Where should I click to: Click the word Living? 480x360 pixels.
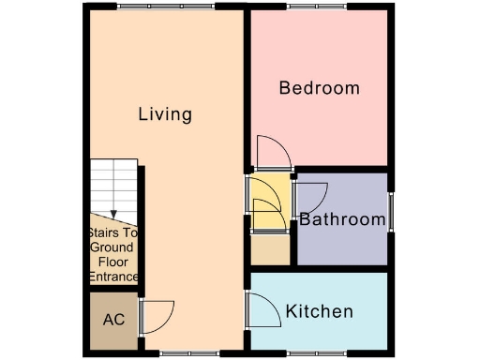tap(165, 115)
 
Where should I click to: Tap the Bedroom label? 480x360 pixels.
tap(320, 88)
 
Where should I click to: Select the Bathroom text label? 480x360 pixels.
tap(342, 220)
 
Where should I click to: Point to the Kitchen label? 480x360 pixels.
tap(319, 311)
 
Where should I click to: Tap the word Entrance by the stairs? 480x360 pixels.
tap(113, 277)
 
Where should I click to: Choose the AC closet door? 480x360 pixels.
tap(156, 315)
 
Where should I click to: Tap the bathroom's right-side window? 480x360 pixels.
tap(391, 212)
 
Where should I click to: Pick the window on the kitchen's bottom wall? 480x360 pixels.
tap(319, 352)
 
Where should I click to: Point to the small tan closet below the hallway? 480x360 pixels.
tap(271, 249)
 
